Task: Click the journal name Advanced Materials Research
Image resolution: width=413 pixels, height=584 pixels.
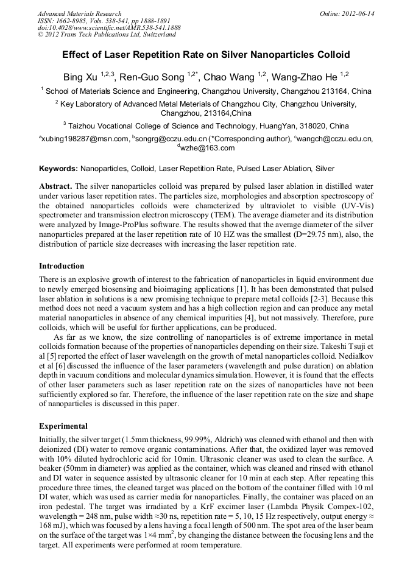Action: [x=79, y=13]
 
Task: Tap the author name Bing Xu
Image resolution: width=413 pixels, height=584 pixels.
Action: [x=81, y=77]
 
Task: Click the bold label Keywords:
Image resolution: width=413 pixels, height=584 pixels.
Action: [x=58, y=168]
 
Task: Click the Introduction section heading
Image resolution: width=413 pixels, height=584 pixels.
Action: [x=62, y=266]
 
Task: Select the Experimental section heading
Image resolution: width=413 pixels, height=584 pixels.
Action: [x=63, y=426]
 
